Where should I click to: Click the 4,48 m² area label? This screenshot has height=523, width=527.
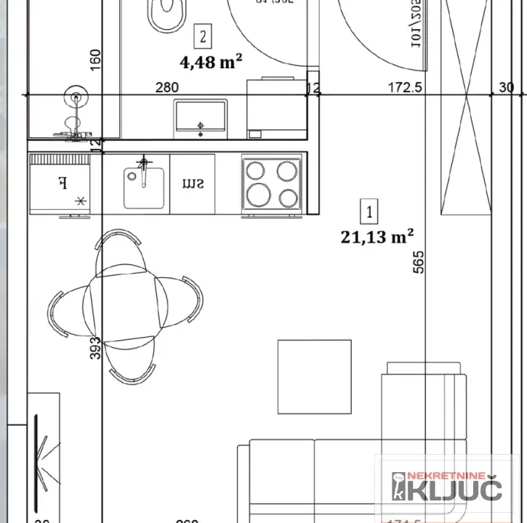pyautogui.click(x=211, y=62)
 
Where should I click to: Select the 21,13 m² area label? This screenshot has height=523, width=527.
pyautogui.click(x=377, y=237)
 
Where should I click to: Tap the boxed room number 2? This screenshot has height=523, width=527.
pyautogui.click(x=204, y=35)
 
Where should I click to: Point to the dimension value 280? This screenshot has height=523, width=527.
pyautogui.click(x=167, y=88)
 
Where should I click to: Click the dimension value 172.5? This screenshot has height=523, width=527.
pyautogui.click(x=406, y=88)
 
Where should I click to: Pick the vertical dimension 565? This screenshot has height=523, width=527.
pyautogui.click(x=417, y=258)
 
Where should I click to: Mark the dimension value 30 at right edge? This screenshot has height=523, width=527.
pyautogui.click(x=506, y=88)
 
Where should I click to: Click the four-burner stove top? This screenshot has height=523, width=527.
pyautogui.click(x=272, y=184)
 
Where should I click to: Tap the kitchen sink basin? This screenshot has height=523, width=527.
pyautogui.click(x=142, y=185)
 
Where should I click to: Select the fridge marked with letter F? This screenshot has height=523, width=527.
pyautogui.click(x=60, y=185)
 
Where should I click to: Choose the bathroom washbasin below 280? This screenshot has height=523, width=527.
pyautogui.click(x=201, y=118)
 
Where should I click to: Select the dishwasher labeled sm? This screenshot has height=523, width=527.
pyautogui.click(x=192, y=184)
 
